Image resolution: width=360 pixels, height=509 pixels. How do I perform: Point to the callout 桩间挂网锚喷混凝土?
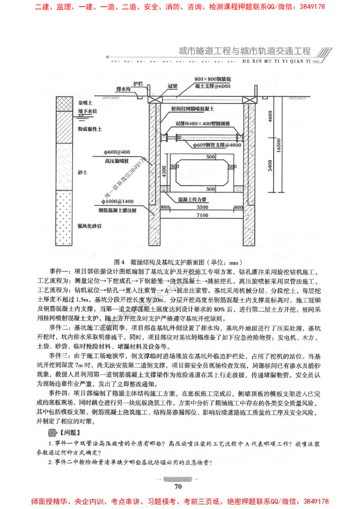pos(193,109)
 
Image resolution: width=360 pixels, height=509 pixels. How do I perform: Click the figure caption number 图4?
pos(119,262)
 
